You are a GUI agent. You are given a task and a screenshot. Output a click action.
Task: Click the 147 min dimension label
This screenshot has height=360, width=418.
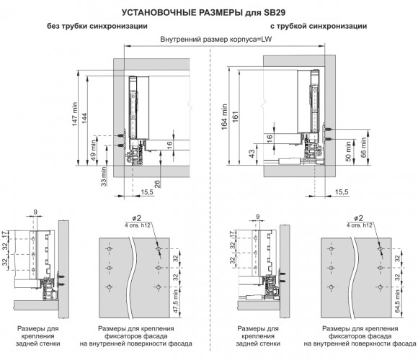pos(75,114)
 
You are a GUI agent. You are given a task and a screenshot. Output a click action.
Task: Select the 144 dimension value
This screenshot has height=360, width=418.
pos(84,118)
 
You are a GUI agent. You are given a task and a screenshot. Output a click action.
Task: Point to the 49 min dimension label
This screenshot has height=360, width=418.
pos(94,150)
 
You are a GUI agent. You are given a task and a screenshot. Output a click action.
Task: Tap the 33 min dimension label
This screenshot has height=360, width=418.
pos(104,176)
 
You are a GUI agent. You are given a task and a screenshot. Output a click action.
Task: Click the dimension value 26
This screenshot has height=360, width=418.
pos(157,184)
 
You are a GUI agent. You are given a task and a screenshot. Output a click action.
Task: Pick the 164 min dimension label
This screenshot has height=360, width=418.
pos(224,117)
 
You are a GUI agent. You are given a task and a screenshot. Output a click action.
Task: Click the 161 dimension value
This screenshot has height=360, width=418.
pos(235,117)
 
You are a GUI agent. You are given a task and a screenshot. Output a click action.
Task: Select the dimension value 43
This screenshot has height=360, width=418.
pos(252,154)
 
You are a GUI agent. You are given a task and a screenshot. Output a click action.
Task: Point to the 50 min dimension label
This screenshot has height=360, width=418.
pos(348,151)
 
